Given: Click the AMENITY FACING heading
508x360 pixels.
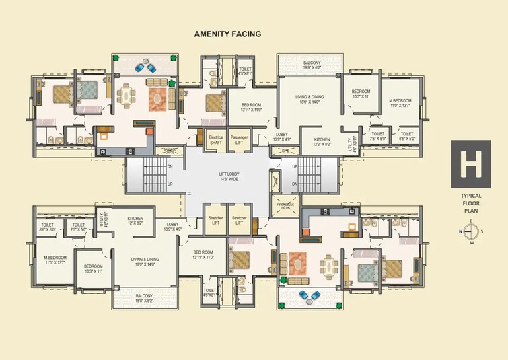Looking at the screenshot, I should click(227, 33).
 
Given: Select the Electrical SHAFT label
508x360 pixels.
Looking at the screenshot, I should click(215, 139).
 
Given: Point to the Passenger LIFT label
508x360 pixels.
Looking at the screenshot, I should click(239, 139).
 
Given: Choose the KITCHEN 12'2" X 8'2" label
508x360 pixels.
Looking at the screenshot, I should click(321, 142).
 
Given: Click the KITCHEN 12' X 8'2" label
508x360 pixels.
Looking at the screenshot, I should click(135, 221).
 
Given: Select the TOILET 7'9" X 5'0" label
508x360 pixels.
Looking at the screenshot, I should click(79, 227).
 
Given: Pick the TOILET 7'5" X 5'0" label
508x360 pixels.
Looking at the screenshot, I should click(377, 136).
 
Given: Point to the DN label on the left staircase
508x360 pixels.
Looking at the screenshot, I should click(170, 166).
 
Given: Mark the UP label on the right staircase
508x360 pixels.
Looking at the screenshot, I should click(294, 166).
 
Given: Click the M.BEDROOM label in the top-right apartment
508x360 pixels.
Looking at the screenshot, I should click(400, 102).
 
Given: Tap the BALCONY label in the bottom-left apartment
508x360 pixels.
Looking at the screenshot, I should click(143, 297).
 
